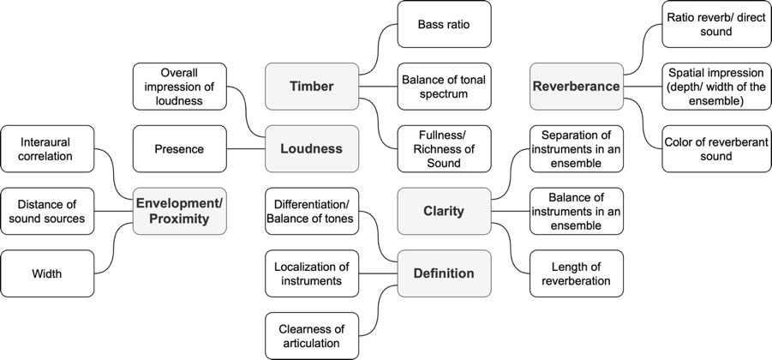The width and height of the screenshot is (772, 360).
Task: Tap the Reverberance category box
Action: tap(576, 86)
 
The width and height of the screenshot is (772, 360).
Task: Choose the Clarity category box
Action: tap(444, 211)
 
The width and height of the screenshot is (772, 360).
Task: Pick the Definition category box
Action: tap(443, 273)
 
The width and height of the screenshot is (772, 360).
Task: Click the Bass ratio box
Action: tap(444, 24)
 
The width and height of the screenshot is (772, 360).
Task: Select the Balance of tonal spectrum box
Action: tap(444, 86)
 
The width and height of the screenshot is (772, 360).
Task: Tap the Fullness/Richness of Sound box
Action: tap(444, 148)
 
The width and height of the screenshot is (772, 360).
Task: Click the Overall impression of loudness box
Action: tap(180, 86)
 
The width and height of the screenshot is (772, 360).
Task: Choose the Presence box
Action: tap(180, 148)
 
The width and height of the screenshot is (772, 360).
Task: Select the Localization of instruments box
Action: tap(312, 273)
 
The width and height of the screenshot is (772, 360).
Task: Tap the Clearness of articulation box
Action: tap(312, 335)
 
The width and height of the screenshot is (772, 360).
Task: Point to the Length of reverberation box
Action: tap(576, 273)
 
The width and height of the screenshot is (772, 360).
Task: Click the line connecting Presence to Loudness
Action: tap(246, 148)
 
